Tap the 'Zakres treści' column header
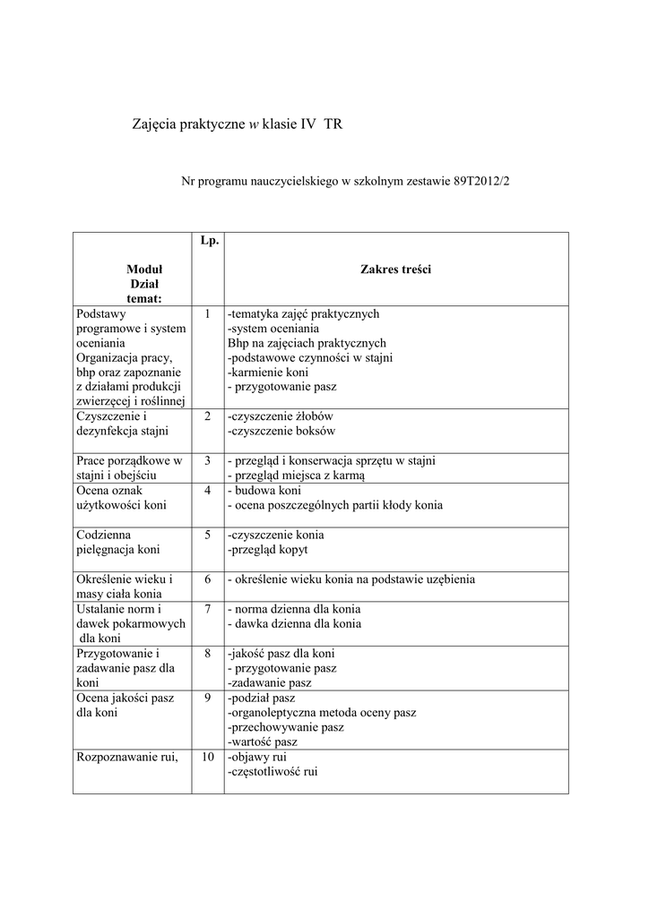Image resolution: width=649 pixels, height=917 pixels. point(395,269)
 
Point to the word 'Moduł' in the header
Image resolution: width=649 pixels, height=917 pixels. point(143,269)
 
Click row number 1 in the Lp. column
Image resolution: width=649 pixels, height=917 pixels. point(206,314)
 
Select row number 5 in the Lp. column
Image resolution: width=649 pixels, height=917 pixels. point(206,535)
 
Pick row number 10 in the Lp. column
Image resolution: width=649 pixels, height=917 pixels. point(206,757)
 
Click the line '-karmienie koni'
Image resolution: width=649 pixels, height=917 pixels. point(267,372)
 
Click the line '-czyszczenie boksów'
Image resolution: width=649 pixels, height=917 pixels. point(281,431)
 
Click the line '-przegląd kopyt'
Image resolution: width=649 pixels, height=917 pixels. point(268,549)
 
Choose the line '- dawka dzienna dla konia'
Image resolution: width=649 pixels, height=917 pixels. point(294,623)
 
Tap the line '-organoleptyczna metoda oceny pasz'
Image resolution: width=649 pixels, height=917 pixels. point(321,712)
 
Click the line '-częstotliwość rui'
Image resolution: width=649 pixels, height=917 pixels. point(273,771)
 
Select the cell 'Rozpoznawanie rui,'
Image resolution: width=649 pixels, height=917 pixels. point(128,757)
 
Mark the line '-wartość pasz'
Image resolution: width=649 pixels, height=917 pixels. point(263,741)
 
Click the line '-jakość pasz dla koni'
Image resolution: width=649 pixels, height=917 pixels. point(281,653)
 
